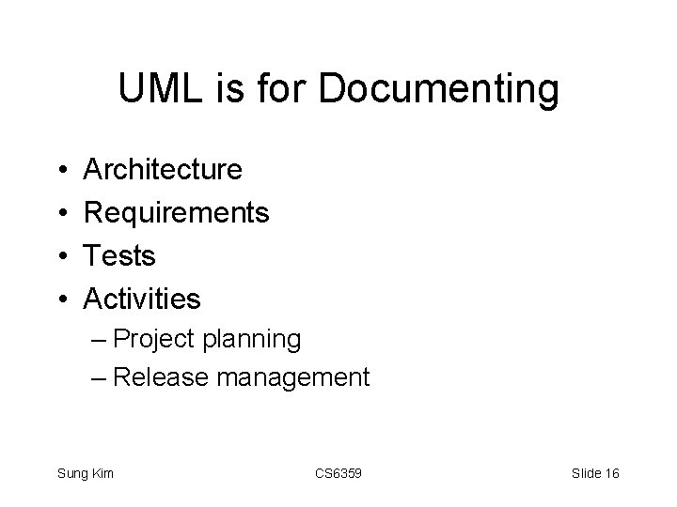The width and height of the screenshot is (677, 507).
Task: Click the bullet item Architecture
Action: tap(163, 170)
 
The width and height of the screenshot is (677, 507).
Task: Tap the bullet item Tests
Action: tap(119, 255)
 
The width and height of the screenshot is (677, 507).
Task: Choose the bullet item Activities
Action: tap(142, 299)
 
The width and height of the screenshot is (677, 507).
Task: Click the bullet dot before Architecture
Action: tap(58, 171)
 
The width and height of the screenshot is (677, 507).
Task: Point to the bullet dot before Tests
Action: tap(58, 256)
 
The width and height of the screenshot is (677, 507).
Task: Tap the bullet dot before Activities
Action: tap(58, 300)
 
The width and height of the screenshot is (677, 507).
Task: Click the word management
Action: tap(292, 378)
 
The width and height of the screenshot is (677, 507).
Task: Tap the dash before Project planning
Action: tap(100, 340)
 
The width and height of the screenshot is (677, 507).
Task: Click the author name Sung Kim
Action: tap(86, 473)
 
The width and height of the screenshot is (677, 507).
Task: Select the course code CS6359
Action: tap(337, 473)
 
